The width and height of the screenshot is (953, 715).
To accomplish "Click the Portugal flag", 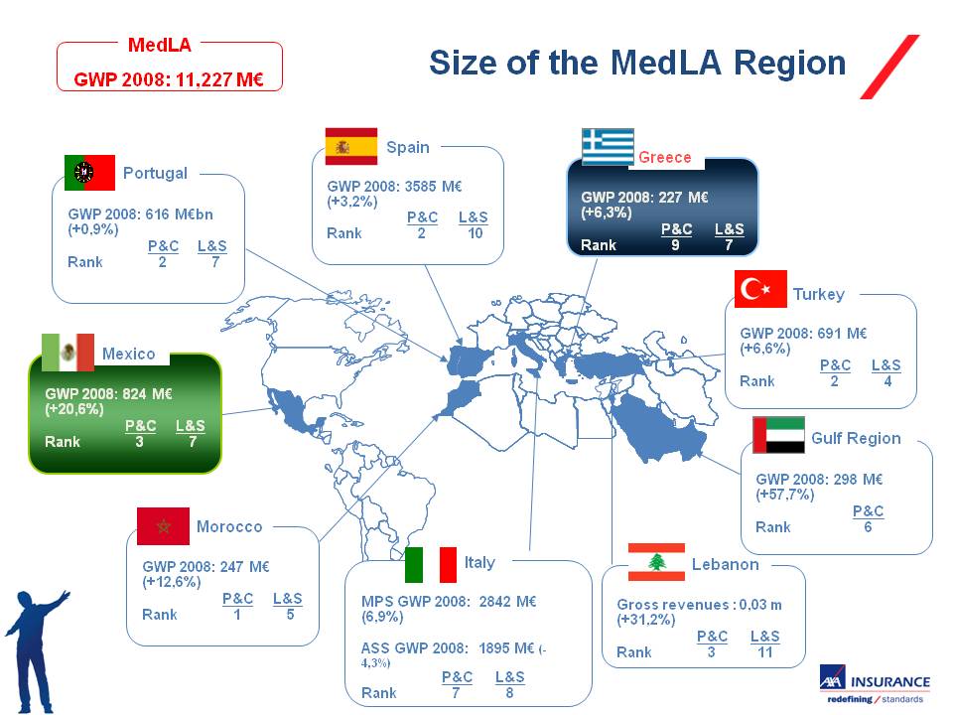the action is click(89, 173).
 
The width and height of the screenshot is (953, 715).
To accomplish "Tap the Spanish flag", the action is click(351, 147).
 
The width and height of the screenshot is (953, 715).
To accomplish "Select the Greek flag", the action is click(608, 147).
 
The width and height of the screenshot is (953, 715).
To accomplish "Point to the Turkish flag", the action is click(760, 289).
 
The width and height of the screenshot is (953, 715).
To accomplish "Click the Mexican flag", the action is click(68, 353).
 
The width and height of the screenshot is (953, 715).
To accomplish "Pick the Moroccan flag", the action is click(163, 526).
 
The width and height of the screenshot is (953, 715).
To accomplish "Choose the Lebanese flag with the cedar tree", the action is click(656, 562).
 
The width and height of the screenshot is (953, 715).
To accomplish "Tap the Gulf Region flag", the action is click(778, 435).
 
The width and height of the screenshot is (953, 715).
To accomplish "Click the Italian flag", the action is click(431, 565).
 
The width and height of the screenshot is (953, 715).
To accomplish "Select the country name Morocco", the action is click(229, 526).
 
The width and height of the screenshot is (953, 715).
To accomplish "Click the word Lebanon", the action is click(725, 565).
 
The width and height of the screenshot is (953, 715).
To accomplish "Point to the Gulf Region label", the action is click(856, 438).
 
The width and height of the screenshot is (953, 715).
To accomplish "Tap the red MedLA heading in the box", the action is click(159, 45).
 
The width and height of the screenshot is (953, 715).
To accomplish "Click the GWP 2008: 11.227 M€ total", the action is click(169, 79).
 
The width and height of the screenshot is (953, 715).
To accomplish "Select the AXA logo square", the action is click(832, 677).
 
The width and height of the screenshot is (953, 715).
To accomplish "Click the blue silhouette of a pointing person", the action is click(34, 650).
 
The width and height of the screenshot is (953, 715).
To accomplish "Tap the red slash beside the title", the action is click(889, 67).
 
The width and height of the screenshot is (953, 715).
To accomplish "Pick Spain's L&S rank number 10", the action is click(476, 233).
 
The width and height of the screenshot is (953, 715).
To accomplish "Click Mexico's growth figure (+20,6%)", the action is click(73, 409).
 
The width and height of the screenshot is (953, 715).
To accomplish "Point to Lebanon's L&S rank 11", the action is click(765, 652).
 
